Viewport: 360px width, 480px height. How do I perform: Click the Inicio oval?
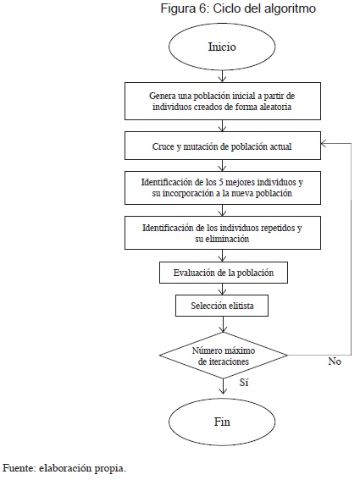point(222,47)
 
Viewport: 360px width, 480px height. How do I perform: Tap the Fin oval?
point(222,422)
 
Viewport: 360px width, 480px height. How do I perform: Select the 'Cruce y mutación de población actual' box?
point(223,146)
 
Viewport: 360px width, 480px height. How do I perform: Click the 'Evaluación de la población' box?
point(224,273)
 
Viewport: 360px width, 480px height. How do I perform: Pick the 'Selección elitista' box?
point(222,306)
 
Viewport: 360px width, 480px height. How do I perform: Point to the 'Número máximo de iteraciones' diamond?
point(224,356)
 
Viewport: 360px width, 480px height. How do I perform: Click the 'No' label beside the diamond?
point(335,361)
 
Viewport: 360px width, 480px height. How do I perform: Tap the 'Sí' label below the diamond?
point(244,383)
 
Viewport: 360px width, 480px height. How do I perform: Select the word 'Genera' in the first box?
point(159,97)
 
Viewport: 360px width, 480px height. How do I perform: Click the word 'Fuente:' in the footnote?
point(19,468)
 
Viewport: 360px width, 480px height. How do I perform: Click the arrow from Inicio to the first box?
point(223,76)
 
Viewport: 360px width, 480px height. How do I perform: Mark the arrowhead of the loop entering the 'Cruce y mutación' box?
point(324,143)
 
